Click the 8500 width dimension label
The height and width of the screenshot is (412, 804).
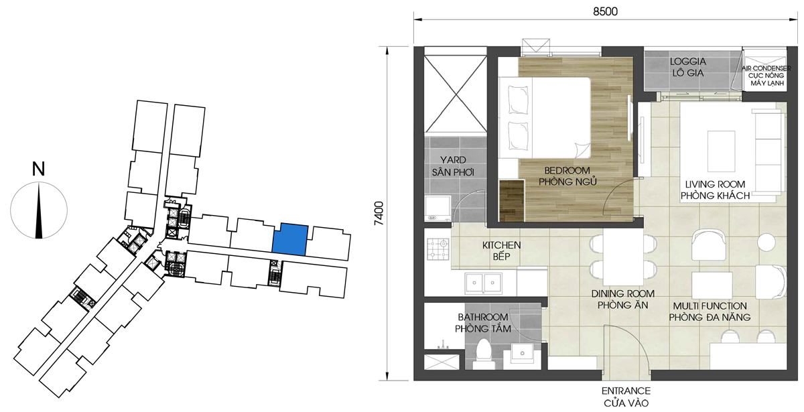tap(605, 11)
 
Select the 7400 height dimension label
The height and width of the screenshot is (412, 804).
tap(379, 213)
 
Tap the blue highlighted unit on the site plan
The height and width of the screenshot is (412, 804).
tap(290, 239)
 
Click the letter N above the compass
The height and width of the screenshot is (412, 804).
tap(39, 169)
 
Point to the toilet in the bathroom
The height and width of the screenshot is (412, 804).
tap(483, 354)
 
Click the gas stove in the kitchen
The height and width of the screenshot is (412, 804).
tap(438, 249)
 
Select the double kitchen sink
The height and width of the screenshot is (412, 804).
tap(484, 283)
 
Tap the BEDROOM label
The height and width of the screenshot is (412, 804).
tap(567, 170)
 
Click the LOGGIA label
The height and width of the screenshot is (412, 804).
tap(687, 62)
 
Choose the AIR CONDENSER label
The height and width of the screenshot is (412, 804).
tap(766, 68)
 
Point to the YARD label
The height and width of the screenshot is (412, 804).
tap(453, 159)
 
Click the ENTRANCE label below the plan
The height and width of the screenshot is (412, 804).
tap(626, 391)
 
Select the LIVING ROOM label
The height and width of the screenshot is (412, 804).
tap(715, 184)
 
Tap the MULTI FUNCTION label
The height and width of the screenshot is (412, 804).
tap(710, 306)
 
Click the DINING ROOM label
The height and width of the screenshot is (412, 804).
tap(622, 294)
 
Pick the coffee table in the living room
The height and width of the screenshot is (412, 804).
tap(721, 151)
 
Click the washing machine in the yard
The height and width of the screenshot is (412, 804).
tap(438, 208)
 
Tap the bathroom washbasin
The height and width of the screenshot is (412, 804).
tap(522, 354)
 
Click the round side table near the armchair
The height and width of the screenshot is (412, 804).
tap(766, 243)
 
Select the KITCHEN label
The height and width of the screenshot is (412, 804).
tap(501, 245)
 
